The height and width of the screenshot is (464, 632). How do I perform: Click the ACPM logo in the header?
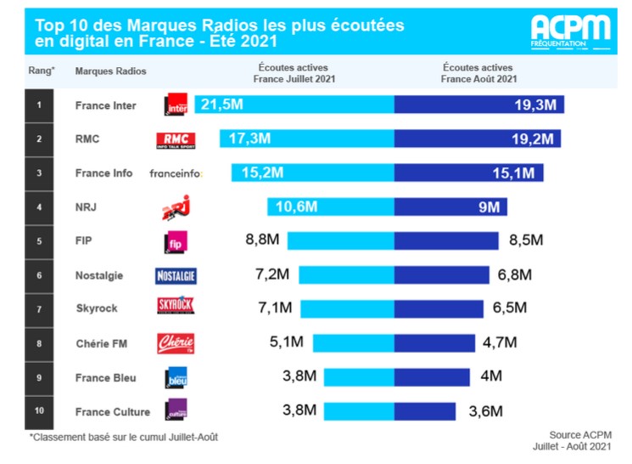coord(570,31)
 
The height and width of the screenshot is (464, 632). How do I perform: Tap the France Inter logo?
coord(176,105)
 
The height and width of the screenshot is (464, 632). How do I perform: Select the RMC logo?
coord(176,139)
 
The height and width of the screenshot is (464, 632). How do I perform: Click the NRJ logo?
coord(175,207)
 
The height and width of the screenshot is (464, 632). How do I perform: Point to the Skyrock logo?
coord(176,308)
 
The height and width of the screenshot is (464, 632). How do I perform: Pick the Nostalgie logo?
coord(176,275)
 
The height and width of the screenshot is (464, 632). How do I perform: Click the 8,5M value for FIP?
coord(525,240)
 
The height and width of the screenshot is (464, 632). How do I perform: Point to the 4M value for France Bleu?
coord(490,376)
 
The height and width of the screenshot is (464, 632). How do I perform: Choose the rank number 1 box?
coord(38,105)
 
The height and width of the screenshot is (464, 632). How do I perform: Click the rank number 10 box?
coord(38,411)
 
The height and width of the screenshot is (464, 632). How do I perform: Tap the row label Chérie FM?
coord(101,343)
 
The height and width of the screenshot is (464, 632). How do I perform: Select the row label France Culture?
coord(112,411)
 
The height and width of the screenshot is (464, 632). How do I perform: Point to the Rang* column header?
coord(41,71)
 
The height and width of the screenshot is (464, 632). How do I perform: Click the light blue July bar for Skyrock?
coord(347,308)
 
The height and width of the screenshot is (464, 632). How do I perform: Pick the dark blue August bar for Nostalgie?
coord(441,274)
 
